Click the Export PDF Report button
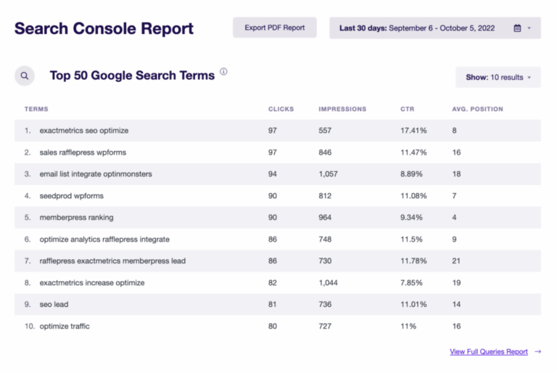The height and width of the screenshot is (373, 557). (275, 28)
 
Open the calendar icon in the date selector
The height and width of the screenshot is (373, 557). (517, 28)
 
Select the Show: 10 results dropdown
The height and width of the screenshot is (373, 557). (498, 78)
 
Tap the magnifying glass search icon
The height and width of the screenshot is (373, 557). (25, 75)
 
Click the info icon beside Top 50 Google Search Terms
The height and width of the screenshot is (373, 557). (223, 72)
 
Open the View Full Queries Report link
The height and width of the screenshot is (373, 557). (488, 352)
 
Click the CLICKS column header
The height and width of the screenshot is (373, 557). (281, 110)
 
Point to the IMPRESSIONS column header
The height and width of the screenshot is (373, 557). (342, 110)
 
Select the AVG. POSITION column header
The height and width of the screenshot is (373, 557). (477, 110)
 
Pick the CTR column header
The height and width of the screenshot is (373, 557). (407, 110)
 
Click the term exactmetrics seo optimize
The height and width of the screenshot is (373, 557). (83, 131)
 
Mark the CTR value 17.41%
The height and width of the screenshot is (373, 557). (413, 131)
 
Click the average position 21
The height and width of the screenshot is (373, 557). (456, 261)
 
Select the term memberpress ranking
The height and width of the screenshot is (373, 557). (76, 218)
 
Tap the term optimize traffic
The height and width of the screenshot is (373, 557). (65, 327)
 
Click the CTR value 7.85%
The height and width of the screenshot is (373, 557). (411, 283)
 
